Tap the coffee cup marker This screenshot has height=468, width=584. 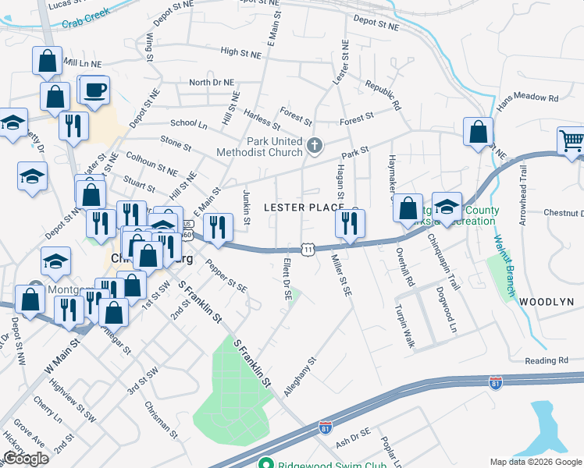[95, 90]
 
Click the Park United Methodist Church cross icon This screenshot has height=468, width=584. [314, 146]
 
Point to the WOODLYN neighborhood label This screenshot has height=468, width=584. [547, 301]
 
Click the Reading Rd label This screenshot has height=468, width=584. [546, 360]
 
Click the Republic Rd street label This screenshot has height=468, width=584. [383, 94]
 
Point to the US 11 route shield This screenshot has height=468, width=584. [309, 249]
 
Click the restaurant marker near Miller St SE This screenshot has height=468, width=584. [348, 224]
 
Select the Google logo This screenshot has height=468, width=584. [26, 458]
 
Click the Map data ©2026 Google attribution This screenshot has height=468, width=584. [536, 461]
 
